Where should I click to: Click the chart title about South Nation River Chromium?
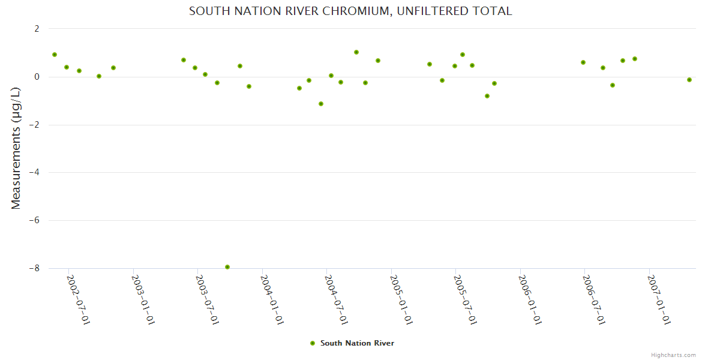click(x=350, y=11)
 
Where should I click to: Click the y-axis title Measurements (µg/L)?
click(x=16, y=148)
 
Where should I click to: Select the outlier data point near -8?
click(x=227, y=267)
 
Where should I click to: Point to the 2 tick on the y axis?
click(x=37, y=29)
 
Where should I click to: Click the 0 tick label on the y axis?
click(x=37, y=77)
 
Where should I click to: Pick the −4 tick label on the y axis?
click(x=34, y=173)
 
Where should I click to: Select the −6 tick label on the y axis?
click(x=34, y=221)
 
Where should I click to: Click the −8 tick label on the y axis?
click(x=34, y=269)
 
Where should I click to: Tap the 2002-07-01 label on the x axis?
click(x=78, y=300)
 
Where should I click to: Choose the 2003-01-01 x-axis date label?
click(x=143, y=300)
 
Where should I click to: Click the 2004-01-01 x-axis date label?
click(x=272, y=300)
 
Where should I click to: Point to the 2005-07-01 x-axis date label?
click(x=465, y=300)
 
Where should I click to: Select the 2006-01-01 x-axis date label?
click(x=530, y=300)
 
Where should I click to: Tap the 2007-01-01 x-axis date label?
click(x=659, y=300)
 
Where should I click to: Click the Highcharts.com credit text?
click(x=673, y=355)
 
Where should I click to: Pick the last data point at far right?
click(x=689, y=80)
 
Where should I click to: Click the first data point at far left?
click(x=55, y=55)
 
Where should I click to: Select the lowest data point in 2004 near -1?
click(x=321, y=104)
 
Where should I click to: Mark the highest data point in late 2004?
click(x=356, y=52)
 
